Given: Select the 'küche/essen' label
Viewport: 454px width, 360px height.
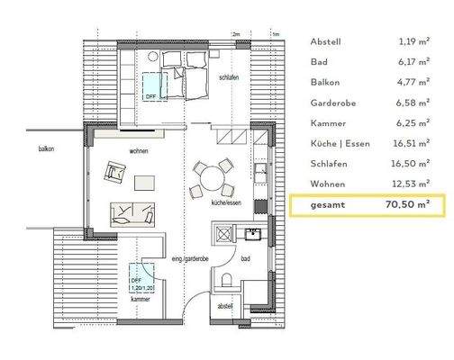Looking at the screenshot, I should (225, 204).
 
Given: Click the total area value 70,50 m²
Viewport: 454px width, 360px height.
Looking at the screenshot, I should (404, 205).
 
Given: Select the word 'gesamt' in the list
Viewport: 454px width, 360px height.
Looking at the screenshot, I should (327, 205).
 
